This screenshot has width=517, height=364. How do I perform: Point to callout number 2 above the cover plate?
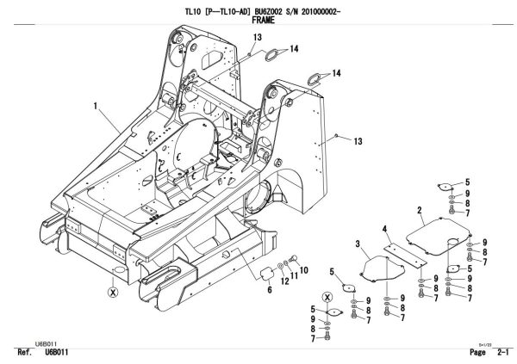419,209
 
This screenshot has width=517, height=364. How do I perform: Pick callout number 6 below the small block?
268,291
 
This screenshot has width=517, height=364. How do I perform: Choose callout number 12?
285,281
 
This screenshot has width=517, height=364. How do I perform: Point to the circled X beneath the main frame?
111,292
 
